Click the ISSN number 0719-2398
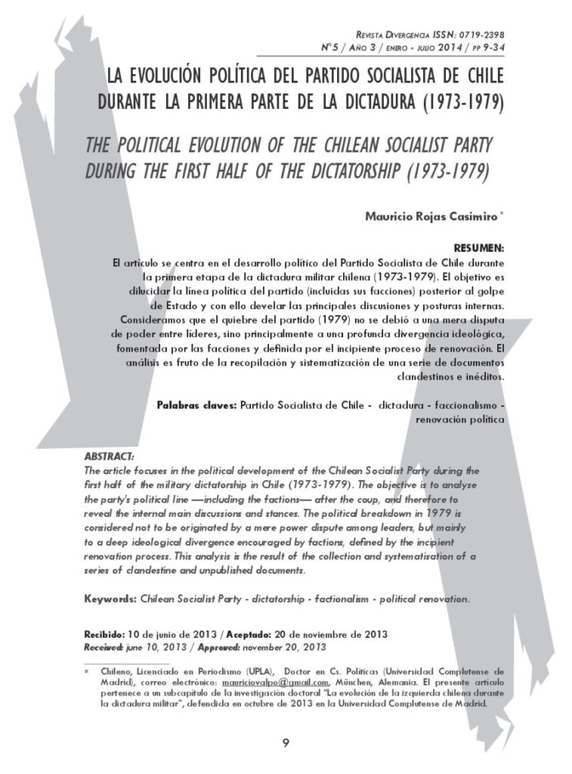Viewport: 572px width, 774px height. coord(479,35)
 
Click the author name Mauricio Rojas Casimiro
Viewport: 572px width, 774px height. coord(431,216)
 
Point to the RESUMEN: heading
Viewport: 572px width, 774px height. coord(479,248)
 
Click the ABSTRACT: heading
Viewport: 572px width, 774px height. coord(109,457)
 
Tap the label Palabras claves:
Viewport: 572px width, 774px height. coord(196,405)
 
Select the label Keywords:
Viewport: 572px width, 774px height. coord(110,599)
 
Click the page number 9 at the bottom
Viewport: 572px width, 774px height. coord(286,741)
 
